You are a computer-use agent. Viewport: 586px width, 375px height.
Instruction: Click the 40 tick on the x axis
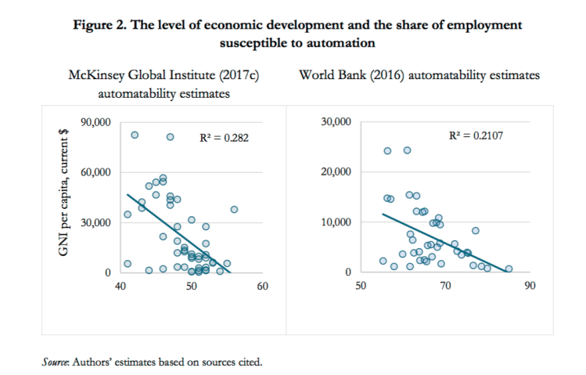120,286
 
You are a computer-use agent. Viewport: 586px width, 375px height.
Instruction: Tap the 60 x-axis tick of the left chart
262,286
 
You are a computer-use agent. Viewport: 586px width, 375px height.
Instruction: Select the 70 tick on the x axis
445,286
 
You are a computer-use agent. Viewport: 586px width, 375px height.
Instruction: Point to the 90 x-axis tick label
530,286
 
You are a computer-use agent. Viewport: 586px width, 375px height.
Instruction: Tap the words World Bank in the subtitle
329,77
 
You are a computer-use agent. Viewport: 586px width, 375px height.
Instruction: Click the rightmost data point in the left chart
234,210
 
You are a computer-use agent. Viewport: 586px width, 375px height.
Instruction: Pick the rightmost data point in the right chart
509,269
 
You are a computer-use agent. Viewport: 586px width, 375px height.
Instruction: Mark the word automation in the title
347,42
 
